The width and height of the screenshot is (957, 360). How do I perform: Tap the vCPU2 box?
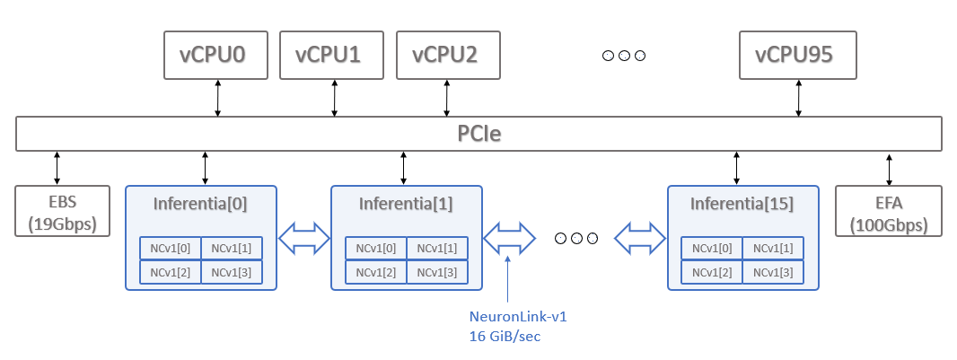[x=447, y=55]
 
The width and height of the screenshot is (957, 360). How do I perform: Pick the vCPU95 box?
[x=797, y=55]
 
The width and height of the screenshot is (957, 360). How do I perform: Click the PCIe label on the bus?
[x=478, y=135]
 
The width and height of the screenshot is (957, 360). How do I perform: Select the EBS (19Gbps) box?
[x=62, y=211]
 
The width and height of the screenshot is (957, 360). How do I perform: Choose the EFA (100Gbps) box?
[x=888, y=211]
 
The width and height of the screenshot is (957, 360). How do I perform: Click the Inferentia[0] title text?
[x=200, y=204]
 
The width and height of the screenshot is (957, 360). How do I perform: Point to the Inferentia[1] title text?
[x=406, y=204]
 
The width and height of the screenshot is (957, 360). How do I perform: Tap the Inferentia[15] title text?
[x=742, y=204]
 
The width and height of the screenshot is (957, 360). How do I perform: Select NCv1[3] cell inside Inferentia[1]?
[x=437, y=271]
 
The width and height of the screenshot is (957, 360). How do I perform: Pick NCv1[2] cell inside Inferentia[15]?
[x=712, y=271]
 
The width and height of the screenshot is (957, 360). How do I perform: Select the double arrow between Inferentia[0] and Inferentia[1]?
[x=303, y=238]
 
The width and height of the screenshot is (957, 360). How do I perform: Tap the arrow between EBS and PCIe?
[x=57, y=167]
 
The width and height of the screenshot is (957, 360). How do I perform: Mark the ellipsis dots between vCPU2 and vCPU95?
[x=624, y=56]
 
